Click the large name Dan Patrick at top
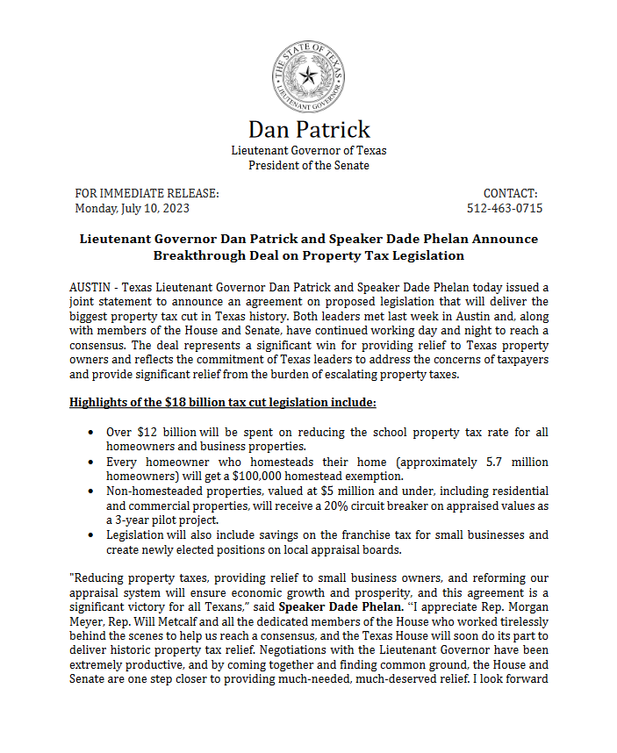(x=309, y=129)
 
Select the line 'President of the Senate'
(x=309, y=165)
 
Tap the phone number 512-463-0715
(x=505, y=208)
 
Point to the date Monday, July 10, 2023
(x=132, y=208)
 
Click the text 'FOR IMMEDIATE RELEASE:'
(x=147, y=193)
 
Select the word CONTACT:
(x=510, y=193)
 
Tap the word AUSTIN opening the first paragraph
(x=90, y=287)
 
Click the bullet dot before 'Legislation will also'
(x=93, y=535)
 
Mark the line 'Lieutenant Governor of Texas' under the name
(x=309, y=150)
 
